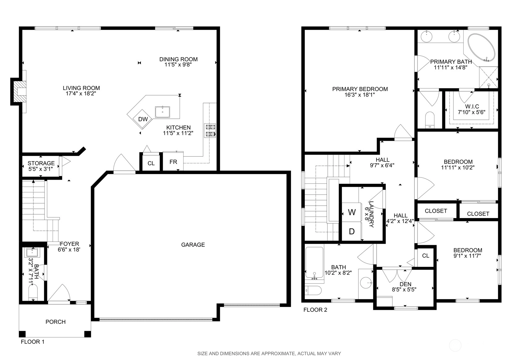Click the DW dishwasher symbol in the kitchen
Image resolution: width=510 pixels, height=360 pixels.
pyautogui.click(x=143, y=119)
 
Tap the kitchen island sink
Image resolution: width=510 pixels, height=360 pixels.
pyautogui.click(x=162, y=112)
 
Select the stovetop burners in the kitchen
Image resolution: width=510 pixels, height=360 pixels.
pyautogui.click(x=210, y=131)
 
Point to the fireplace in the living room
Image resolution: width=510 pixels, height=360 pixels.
pyautogui.click(x=19, y=92)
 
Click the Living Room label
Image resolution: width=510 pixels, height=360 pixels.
pyautogui.click(x=81, y=88)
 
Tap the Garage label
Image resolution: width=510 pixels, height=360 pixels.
pyautogui.click(x=193, y=245)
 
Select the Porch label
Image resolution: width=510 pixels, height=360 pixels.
pyautogui.click(x=56, y=322)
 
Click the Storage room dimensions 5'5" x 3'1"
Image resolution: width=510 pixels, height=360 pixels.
pyautogui.click(x=41, y=169)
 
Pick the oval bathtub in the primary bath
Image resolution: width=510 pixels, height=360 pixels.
pyautogui.click(x=481, y=48)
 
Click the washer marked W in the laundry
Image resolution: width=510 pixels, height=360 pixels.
pyautogui.click(x=352, y=212)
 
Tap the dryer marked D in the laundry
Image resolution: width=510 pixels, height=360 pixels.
pyautogui.click(x=352, y=231)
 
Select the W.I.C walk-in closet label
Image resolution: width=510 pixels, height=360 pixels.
pyautogui.click(x=472, y=106)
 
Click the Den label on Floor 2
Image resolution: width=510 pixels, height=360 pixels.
pyautogui.click(x=405, y=284)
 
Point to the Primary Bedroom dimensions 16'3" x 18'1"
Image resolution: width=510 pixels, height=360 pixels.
pyautogui.click(x=360, y=95)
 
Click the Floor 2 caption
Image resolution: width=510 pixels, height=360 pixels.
pyautogui.click(x=315, y=310)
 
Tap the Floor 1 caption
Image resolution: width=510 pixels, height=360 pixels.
pyautogui.click(x=32, y=341)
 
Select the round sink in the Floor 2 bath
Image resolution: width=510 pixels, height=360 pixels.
pyautogui.click(x=366, y=283)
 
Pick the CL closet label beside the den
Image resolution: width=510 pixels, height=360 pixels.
pyautogui.click(x=426, y=255)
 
